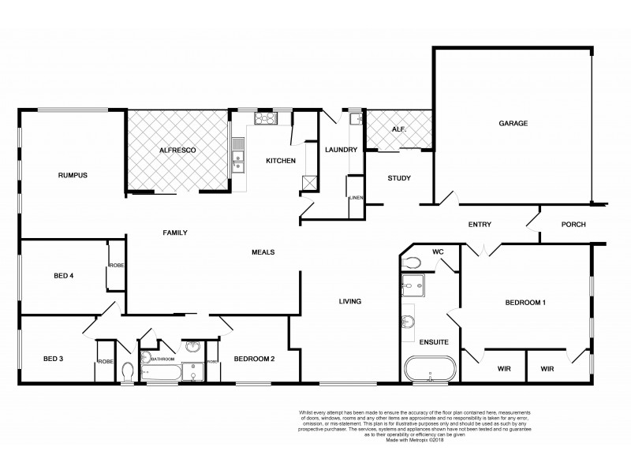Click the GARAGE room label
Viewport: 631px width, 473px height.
513,123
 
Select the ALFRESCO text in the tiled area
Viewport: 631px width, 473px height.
177,149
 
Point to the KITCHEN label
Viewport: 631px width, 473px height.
280,161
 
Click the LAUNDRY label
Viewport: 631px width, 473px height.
342,149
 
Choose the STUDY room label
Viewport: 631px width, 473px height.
398,178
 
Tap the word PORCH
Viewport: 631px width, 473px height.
573,225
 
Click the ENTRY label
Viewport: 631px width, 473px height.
480,225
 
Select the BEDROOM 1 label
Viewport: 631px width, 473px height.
525,303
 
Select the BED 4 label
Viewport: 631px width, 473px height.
63,276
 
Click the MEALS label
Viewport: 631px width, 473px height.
263,252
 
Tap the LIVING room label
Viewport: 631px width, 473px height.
349,301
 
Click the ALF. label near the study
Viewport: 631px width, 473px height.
398,130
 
